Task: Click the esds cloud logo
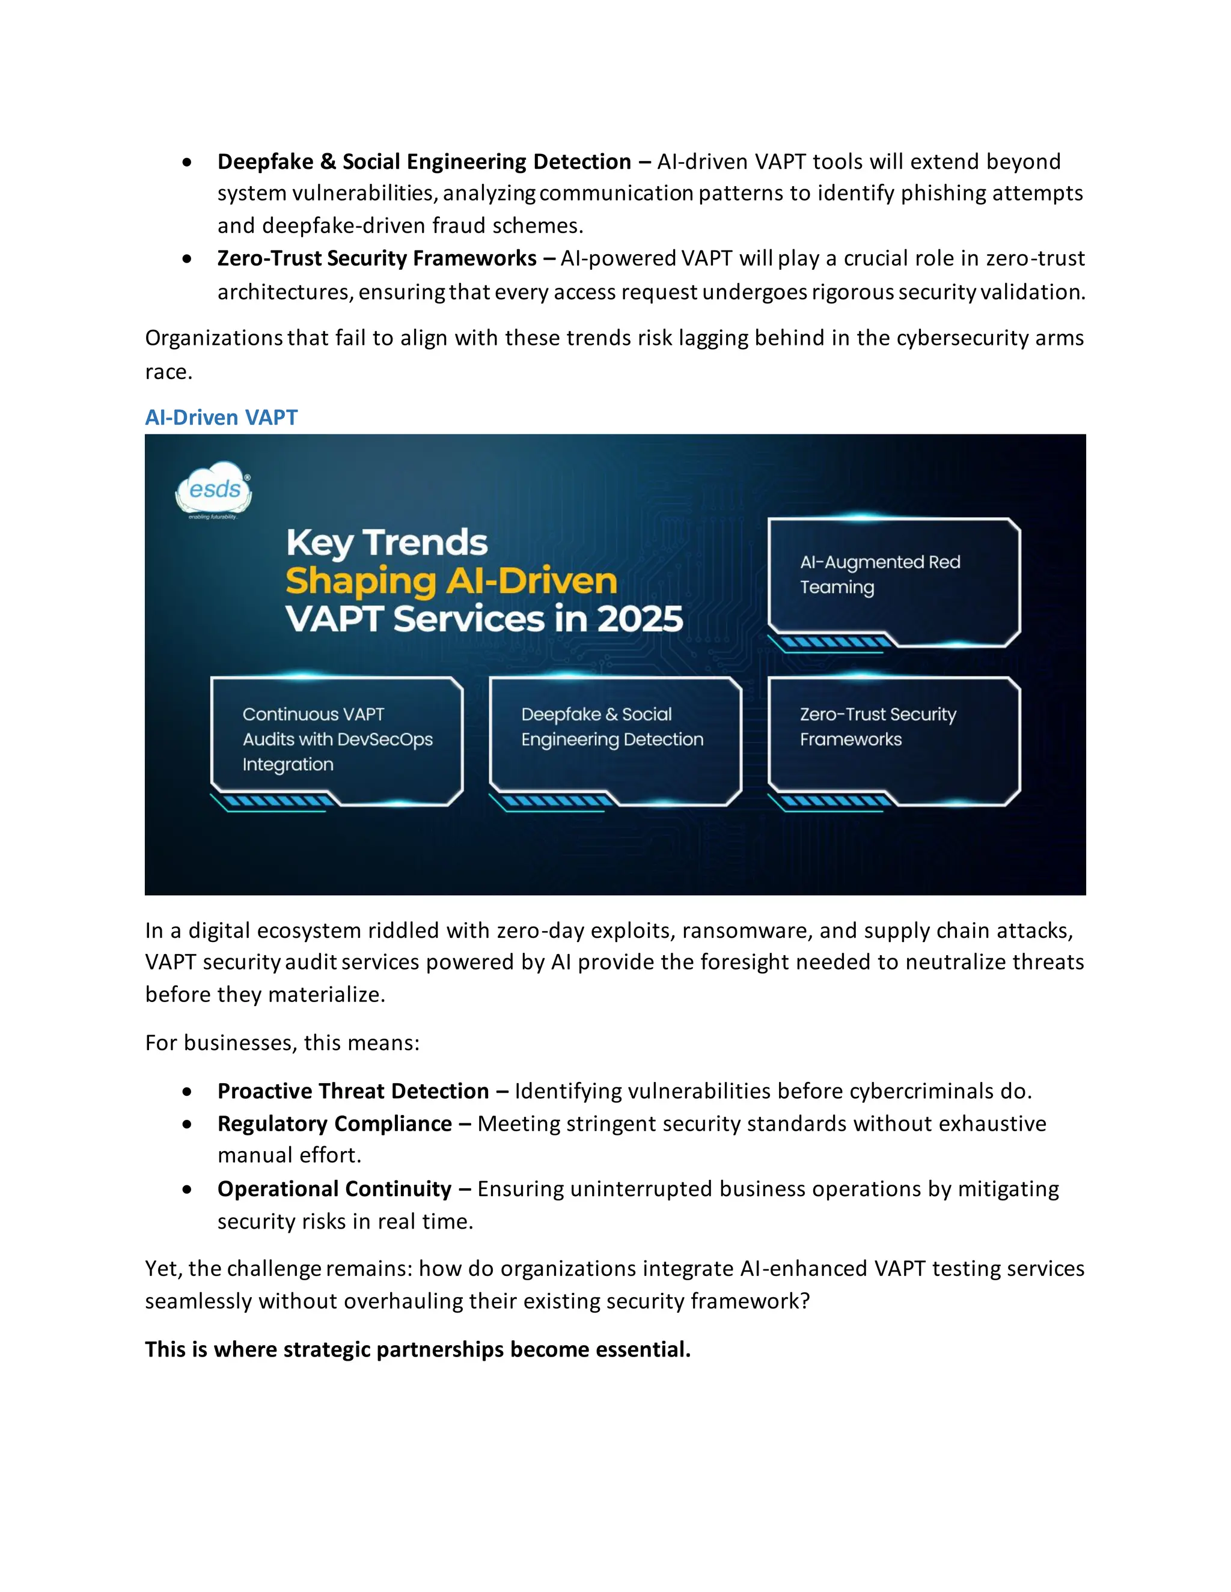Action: [213, 489]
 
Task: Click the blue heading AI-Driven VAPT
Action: [221, 417]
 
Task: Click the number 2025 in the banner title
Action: [640, 619]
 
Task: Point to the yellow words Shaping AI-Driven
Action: [451, 581]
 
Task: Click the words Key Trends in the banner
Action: [386, 542]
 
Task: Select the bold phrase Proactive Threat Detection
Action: [353, 1091]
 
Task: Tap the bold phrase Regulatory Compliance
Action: [334, 1123]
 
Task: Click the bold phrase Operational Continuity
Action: [334, 1189]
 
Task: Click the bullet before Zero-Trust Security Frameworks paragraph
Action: [188, 259]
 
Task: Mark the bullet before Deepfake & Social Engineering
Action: [188, 162]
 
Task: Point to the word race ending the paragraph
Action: [168, 372]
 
